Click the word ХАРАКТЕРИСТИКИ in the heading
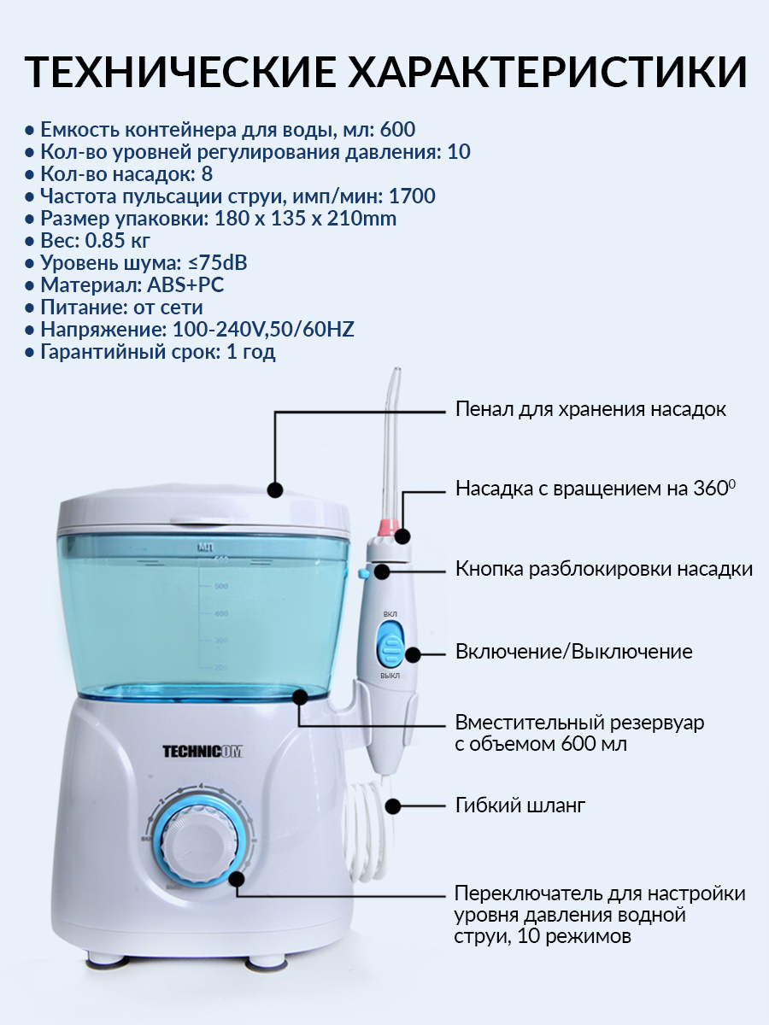point(547,72)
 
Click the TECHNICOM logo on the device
point(203,752)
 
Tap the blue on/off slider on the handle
point(390,646)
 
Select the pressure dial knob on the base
point(199,846)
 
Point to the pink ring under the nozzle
point(390,526)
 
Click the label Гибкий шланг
point(520,805)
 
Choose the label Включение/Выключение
point(574,652)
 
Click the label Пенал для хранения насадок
point(590,409)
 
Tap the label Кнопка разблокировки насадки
point(604,569)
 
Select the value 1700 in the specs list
point(412,196)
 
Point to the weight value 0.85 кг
point(118,241)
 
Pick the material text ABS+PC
point(185,284)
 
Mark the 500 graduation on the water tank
point(220,586)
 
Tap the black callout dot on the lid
point(275,489)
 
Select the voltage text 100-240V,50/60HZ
point(263,330)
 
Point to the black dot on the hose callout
point(393,805)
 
